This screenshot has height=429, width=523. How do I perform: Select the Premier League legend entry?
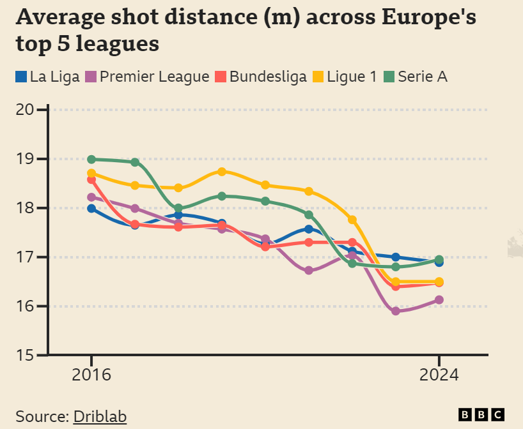148,77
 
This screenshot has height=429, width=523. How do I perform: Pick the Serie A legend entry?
415,77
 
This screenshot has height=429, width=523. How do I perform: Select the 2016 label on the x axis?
91,375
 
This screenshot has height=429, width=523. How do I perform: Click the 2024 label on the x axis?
439,375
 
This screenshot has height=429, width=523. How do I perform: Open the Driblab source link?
100,417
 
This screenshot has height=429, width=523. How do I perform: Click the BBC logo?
481,415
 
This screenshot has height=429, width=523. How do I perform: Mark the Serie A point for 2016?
91,160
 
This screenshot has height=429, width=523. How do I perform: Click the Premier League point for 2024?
439,300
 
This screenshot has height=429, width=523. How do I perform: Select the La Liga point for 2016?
91,209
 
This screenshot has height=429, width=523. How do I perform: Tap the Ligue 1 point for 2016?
91,173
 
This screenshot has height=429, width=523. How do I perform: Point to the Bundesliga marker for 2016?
91,180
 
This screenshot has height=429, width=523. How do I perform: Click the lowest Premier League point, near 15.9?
395,311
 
